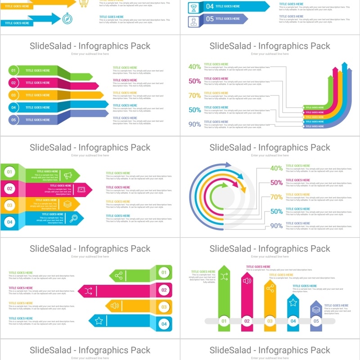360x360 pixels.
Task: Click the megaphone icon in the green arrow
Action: click(x=68, y=175)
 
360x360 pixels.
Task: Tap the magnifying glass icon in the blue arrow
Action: click(x=74, y=218)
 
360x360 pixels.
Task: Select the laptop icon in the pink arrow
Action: click(x=81, y=189)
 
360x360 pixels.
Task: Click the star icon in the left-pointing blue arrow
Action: click(x=99, y=321)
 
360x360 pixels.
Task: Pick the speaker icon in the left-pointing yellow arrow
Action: click(x=115, y=306)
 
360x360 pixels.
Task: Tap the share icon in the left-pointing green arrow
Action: click(x=119, y=275)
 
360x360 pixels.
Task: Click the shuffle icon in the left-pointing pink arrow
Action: click(x=89, y=291)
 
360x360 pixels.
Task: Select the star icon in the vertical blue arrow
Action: click(x=293, y=302)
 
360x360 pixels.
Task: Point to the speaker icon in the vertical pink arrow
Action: click(x=247, y=281)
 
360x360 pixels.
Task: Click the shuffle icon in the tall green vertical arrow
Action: click(x=224, y=277)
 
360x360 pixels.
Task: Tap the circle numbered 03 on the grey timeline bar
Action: click(x=270, y=321)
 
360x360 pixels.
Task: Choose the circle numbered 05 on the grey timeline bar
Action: click(x=316, y=321)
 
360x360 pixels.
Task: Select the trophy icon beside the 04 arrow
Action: click(x=194, y=6)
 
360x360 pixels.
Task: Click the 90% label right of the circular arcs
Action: click(x=276, y=226)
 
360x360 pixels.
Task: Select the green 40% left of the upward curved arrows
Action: click(x=195, y=67)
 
